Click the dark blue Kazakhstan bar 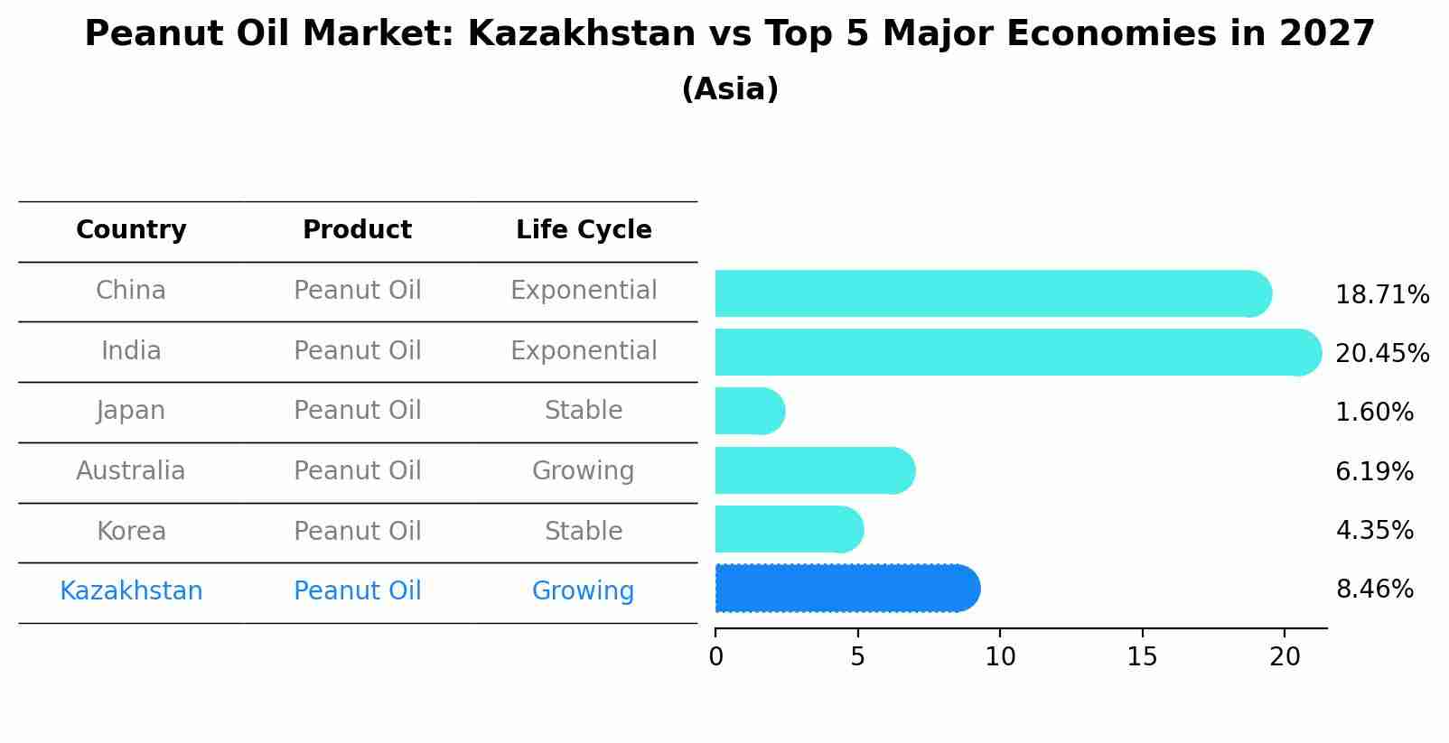pyautogui.click(x=845, y=589)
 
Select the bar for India pyautogui.click(x=1012, y=352)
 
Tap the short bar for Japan pyautogui.click(x=748, y=411)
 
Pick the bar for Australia pyautogui.click(x=813, y=470)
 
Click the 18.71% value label pyautogui.click(x=1381, y=295)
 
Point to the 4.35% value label pyautogui.click(x=1374, y=530)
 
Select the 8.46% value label pyautogui.click(x=1374, y=590)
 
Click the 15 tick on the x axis pyautogui.click(x=1142, y=657)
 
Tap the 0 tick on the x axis pyautogui.click(x=715, y=657)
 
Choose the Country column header pyautogui.click(x=131, y=230)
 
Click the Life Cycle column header pyautogui.click(x=584, y=230)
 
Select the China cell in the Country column pyautogui.click(x=131, y=291)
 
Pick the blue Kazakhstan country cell pyautogui.click(x=131, y=591)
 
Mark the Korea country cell pyautogui.click(x=131, y=531)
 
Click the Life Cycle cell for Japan pyautogui.click(x=584, y=411)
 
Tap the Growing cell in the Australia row pyautogui.click(x=584, y=471)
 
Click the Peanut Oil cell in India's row pyautogui.click(x=358, y=351)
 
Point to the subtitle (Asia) pyautogui.click(x=730, y=89)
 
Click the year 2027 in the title pyautogui.click(x=1326, y=34)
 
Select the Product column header pyautogui.click(x=358, y=230)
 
